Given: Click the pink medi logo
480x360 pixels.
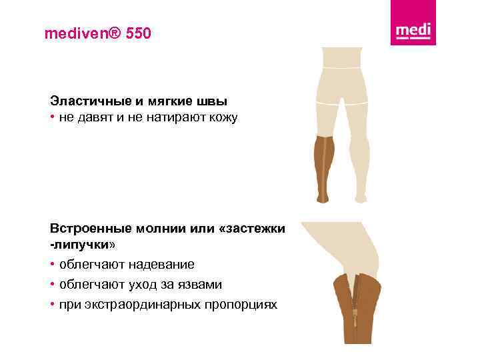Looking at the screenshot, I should click(413, 31).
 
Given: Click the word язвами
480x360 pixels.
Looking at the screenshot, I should click(198, 285).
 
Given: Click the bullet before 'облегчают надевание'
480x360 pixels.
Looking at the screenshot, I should click(53, 265).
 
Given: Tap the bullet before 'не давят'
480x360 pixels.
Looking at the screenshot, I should click(53, 119).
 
